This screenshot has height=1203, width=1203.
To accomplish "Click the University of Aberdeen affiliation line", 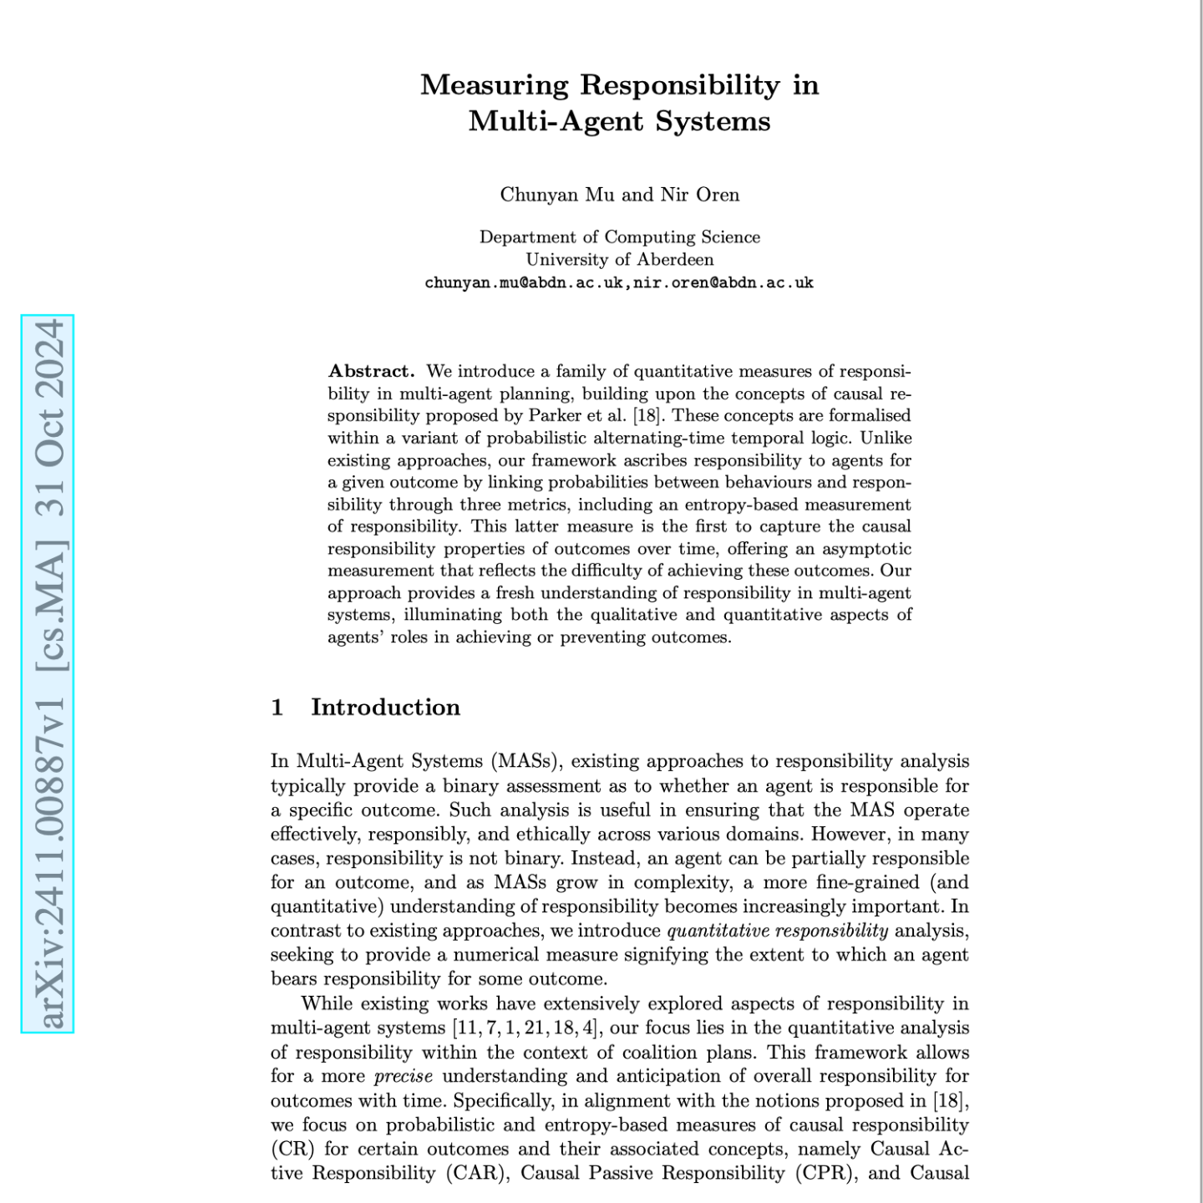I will tap(619, 259).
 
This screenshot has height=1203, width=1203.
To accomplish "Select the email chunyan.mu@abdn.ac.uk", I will tap(524, 282).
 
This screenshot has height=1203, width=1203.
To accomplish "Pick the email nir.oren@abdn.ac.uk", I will tap(723, 282).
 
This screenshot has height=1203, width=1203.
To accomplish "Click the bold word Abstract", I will tap(371, 371).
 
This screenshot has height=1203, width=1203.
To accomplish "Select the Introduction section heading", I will tap(385, 708).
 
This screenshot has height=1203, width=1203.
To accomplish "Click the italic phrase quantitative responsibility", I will tap(777, 931).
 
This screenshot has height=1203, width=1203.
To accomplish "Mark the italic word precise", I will tap(403, 1076).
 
